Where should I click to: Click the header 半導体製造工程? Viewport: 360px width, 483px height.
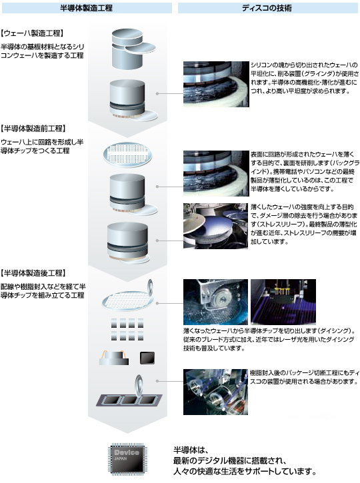click(86, 8)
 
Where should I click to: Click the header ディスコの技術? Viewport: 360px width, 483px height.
click(267, 8)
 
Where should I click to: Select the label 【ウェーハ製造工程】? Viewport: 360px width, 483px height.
click(32, 33)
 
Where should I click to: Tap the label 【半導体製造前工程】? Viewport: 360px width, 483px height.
click(33, 129)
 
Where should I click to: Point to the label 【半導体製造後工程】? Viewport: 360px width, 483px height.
click(33, 272)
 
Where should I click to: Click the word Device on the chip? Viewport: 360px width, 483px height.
click(127, 452)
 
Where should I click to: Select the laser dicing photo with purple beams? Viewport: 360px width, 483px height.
click(283, 302)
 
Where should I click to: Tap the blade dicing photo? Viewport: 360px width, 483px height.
click(215, 302)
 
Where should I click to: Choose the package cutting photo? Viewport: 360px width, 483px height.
click(215, 392)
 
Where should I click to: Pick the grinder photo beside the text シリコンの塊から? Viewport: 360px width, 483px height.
click(216, 84)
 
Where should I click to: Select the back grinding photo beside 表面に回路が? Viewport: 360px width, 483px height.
click(216, 173)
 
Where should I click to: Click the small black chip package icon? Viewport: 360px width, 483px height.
click(147, 358)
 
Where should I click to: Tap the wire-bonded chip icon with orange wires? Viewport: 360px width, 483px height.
click(114, 358)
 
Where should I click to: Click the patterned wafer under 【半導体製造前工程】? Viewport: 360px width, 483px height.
click(127, 155)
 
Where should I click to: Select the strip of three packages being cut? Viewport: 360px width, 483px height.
click(129, 400)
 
